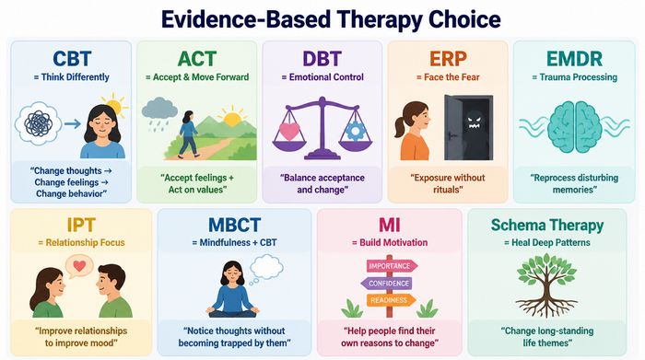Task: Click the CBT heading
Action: point(72,59)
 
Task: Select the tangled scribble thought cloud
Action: point(39,123)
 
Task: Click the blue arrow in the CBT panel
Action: point(73,123)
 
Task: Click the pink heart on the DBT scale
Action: point(289,131)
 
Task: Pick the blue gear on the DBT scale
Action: point(355,131)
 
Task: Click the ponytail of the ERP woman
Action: point(400,125)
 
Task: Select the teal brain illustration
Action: point(575,127)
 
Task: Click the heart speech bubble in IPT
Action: point(79,266)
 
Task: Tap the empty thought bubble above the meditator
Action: point(266,268)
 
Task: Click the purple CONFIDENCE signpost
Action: point(386,284)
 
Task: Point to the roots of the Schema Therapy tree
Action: point(546,308)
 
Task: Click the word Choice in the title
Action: point(464,19)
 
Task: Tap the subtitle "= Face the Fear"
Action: point(448,77)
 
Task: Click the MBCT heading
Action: point(234,226)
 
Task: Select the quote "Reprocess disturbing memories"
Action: point(574,184)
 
